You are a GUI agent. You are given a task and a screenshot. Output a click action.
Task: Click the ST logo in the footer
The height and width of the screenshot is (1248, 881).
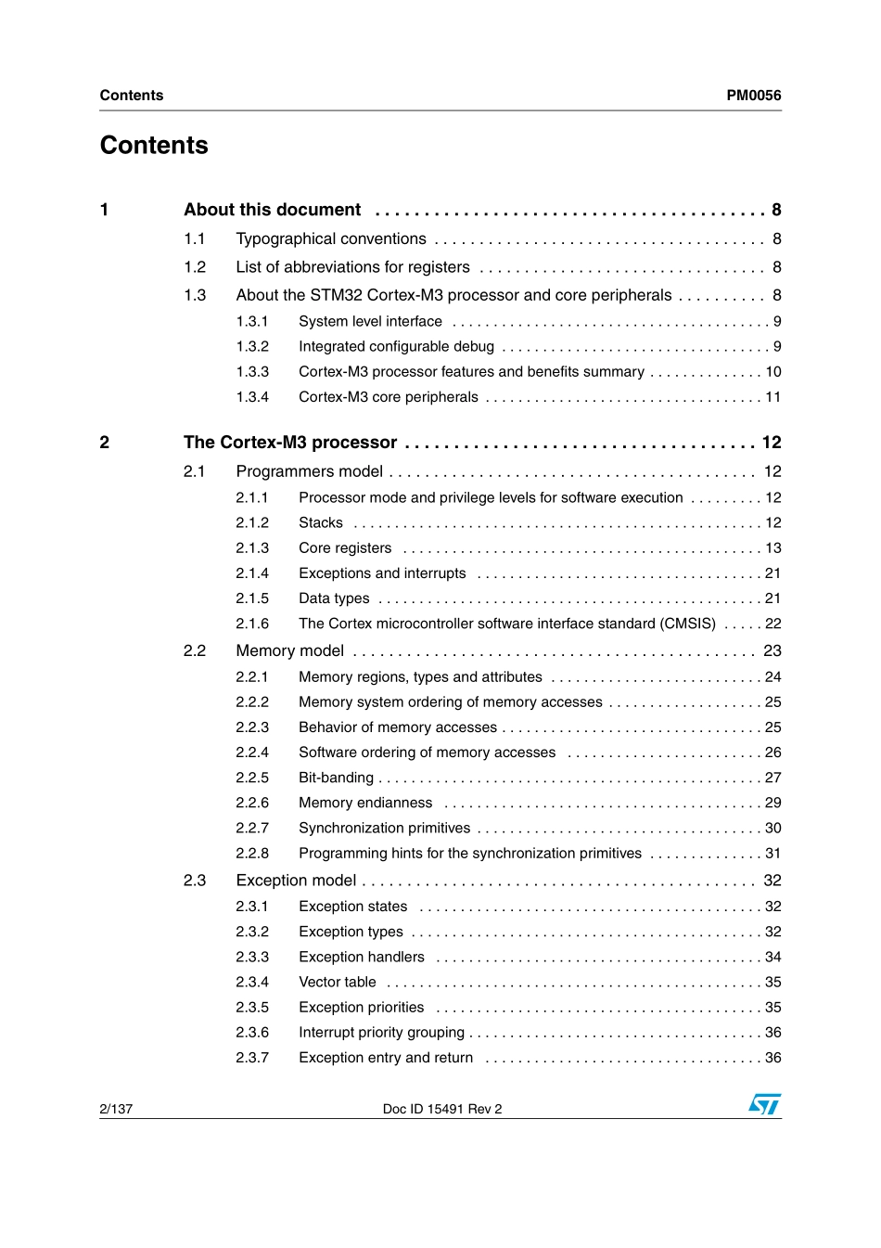[764, 1104]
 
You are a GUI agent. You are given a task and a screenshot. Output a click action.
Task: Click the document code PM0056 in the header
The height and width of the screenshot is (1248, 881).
[753, 96]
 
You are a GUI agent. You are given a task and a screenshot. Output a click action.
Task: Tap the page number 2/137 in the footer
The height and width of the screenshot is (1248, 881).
[116, 1109]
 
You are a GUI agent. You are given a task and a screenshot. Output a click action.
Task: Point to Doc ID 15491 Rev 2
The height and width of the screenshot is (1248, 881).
[442, 1109]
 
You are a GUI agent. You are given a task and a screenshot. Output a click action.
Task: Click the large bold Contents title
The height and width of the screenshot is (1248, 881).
[154, 146]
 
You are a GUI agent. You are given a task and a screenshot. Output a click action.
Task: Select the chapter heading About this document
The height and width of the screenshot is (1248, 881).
[272, 210]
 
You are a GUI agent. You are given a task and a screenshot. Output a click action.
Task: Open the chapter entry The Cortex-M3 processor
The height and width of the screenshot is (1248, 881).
[289, 443]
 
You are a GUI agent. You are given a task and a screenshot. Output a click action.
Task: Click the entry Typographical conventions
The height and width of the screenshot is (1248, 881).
[331, 239]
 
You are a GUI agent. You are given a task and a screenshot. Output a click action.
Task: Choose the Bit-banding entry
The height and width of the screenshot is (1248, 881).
[336, 778]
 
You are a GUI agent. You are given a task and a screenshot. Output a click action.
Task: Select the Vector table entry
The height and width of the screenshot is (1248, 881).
[338, 982]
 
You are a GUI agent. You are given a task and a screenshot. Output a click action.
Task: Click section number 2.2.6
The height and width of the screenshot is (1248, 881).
[252, 803]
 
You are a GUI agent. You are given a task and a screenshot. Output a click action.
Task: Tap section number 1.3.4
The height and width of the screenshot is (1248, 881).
[252, 397]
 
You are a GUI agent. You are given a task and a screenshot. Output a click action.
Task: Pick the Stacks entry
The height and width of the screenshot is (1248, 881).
[321, 523]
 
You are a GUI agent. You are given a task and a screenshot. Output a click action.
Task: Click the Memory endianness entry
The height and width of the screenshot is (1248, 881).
[365, 803]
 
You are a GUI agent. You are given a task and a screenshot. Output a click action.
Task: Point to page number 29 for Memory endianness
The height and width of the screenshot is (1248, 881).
[772, 803]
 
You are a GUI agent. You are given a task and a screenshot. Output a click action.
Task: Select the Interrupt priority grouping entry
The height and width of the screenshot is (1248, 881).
[381, 1033]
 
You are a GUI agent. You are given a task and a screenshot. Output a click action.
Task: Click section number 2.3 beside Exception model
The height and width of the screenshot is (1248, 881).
[195, 881]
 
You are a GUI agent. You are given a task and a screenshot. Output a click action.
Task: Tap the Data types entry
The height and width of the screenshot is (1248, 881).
[334, 598]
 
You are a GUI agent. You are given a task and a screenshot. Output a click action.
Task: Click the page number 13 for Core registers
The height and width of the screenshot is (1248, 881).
[772, 548]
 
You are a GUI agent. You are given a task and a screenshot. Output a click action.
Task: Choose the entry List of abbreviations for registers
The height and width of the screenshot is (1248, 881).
[352, 267]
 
